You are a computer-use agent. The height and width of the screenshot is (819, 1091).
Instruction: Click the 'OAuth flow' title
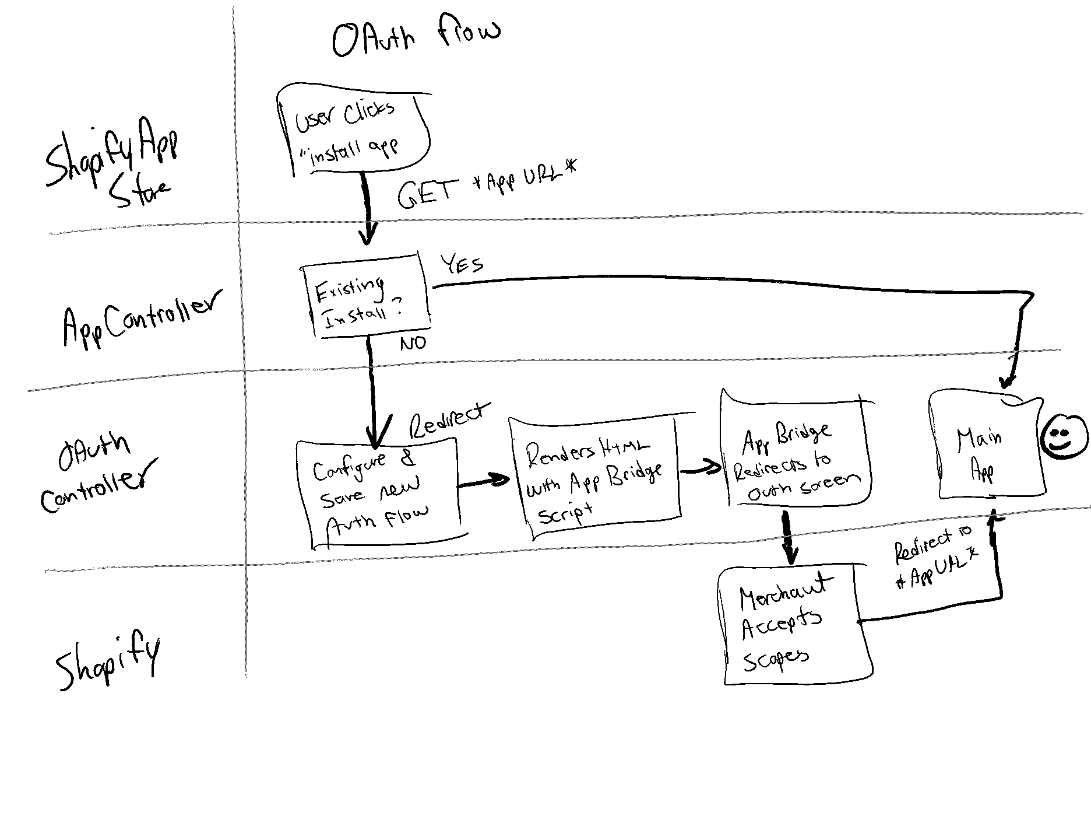[415, 38]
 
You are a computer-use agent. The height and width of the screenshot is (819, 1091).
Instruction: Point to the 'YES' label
[462, 264]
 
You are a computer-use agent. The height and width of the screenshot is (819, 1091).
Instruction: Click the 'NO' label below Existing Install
[413, 344]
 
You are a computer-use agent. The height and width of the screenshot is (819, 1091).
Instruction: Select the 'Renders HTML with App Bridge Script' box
[594, 478]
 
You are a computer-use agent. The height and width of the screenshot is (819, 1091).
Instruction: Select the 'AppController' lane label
[140, 318]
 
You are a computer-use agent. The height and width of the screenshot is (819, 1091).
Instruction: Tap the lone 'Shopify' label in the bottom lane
[108, 662]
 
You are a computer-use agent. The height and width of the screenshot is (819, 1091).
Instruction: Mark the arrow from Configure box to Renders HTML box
[483, 481]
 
